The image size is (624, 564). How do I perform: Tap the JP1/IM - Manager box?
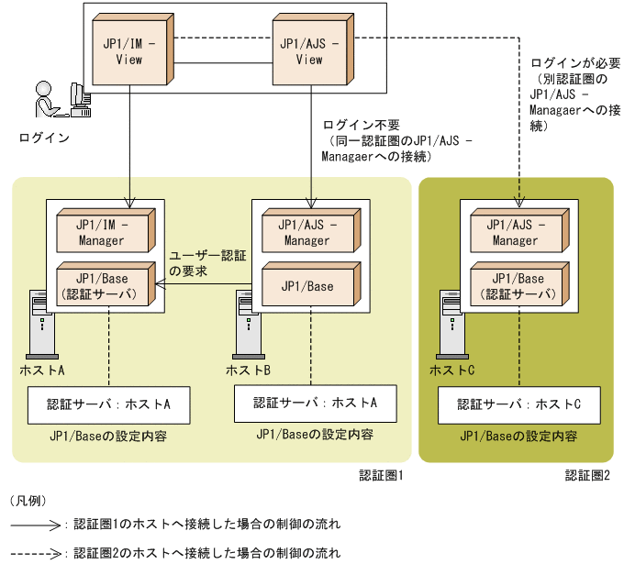101,232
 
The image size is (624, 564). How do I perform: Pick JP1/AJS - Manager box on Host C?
515,232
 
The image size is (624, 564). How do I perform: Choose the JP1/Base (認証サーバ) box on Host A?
101,285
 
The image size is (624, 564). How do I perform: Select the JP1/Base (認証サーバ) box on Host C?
515,285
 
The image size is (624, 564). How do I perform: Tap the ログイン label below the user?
44,138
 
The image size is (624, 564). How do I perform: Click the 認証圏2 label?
588,476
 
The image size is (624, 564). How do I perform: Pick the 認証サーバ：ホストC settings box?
516,404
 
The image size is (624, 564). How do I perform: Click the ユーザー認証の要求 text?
207,264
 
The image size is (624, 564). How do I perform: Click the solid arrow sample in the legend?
38,525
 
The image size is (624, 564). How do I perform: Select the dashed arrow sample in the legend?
38,553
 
